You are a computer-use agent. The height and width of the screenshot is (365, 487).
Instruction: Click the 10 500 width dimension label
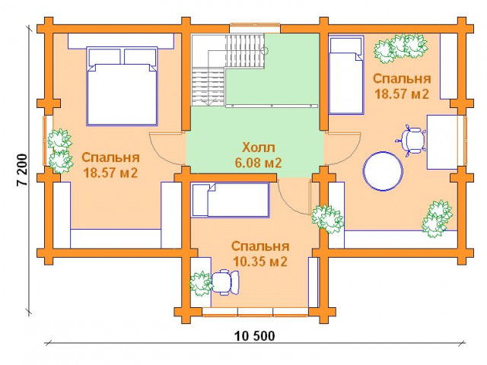pos(254,336)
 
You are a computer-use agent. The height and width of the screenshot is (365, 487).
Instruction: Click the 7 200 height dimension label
pos(22,170)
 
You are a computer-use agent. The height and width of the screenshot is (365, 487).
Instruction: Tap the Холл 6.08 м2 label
pos(259,155)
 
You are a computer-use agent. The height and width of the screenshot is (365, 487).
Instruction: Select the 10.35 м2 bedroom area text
pos(260,262)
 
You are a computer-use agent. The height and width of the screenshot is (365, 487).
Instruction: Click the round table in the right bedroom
pos(384,171)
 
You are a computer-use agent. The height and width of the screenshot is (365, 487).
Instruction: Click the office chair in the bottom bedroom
pos(225,282)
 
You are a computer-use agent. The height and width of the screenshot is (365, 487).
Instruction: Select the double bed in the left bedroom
pos(122,86)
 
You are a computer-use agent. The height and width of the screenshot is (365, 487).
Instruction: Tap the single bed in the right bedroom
pos(346,75)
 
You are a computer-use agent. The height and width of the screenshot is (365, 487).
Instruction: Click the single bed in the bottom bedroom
pos(230,200)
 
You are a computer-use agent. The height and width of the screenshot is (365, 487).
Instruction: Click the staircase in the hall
pos(228,70)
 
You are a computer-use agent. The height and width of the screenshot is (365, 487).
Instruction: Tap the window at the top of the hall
pos(255,28)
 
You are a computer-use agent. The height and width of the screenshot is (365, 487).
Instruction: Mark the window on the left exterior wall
pos(46,141)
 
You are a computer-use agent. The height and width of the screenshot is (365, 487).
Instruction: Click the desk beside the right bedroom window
pos(442,142)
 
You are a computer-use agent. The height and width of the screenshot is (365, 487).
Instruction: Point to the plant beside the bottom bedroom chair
pos(200,284)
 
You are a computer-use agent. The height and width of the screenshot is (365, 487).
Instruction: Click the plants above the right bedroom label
pos(400,48)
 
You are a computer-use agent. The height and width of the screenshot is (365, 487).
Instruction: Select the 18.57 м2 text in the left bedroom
pos(110,173)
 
